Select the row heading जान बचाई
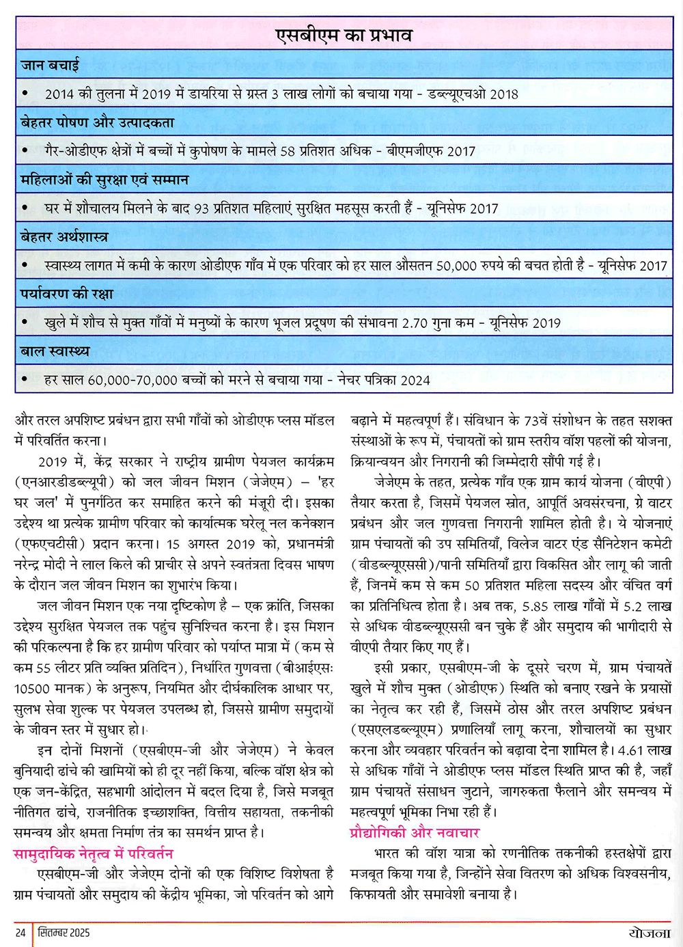point(50,66)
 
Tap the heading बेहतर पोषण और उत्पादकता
point(97,123)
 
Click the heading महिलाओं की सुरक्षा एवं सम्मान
point(104,180)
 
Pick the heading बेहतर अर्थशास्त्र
point(64,237)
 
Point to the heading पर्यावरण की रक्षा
point(67,294)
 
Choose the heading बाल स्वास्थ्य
point(55,351)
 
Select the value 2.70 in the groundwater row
point(415,323)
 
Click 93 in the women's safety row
point(201,209)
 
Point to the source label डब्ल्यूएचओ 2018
point(473,94)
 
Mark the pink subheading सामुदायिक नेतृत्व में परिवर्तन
point(94,853)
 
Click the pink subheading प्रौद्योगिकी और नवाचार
point(415,832)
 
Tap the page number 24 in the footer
point(20,933)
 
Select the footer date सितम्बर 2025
point(64,933)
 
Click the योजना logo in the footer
point(649,933)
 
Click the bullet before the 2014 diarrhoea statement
point(25,93)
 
